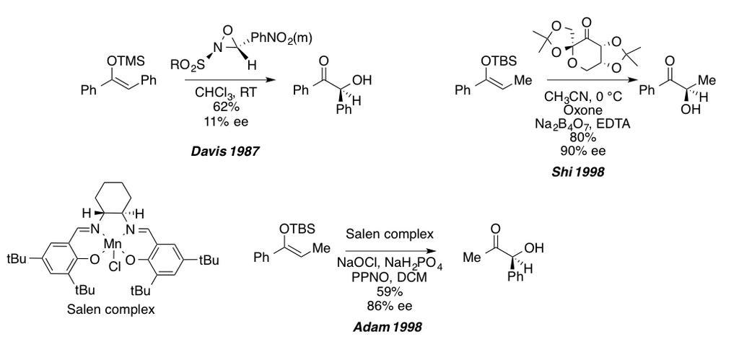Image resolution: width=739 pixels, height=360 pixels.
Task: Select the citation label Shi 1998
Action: point(578,172)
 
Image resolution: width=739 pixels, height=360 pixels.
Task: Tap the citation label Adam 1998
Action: point(388,327)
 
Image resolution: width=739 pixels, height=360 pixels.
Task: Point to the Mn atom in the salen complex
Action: point(112,245)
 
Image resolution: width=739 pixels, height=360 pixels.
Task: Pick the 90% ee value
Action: point(578,152)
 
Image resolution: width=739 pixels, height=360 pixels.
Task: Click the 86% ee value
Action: point(389,307)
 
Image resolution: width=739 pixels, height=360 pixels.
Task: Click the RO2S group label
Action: point(188,66)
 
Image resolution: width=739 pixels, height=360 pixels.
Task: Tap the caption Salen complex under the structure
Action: point(110,309)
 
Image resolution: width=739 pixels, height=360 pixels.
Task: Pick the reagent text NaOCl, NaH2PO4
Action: point(389,264)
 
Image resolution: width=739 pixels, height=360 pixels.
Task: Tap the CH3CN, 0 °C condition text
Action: point(583,97)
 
